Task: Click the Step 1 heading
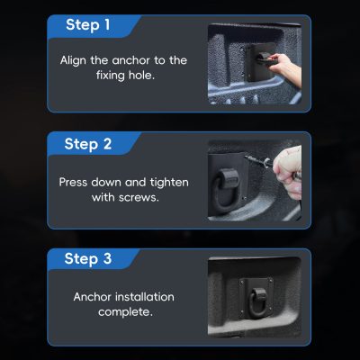pyautogui.click(x=88, y=24)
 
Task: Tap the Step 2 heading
pyautogui.click(x=88, y=144)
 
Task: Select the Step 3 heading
pyautogui.click(x=88, y=258)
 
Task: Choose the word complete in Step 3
pyautogui.click(x=125, y=312)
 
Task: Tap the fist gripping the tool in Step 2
pyautogui.click(x=288, y=172)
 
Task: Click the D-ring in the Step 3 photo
pyautogui.click(x=256, y=302)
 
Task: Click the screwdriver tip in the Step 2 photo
pyautogui.click(x=246, y=157)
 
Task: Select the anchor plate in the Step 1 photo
pyautogui.click(x=260, y=62)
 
